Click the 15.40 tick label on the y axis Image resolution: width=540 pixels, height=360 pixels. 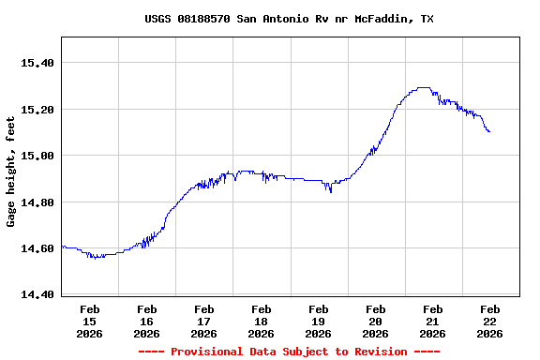click(x=38, y=63)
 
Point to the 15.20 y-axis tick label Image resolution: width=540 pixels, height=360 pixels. click(x=38, y=110)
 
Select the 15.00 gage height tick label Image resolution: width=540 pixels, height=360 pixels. click(x=38, y=156)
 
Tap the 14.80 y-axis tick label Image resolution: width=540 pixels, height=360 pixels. click(x=38, y=202)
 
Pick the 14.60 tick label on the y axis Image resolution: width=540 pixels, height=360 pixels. click(x=38, y=248)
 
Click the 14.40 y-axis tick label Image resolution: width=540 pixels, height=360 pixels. click(x=38, y=294)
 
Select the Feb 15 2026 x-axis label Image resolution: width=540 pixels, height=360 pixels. click(x=90, y=321)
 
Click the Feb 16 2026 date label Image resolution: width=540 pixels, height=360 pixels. click(x=147, y=321)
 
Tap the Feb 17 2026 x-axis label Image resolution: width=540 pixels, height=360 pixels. click(x=204, y=321)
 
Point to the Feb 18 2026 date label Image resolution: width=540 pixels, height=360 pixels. click(x=262, y=321)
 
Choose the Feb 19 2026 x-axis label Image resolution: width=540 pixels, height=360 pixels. click(x=319, y=321)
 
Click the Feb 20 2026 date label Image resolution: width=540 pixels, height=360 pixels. click(x=376, y=321)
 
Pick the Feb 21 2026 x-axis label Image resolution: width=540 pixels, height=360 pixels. click(x=433, y=321)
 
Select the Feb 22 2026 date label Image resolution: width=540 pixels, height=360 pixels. click(x=490, y=321)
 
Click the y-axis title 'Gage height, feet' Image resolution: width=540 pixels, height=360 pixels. click(x=11, y=172)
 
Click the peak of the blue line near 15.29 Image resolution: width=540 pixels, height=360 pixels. click(x=423, y=87)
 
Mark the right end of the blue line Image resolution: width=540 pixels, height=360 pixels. click(x=489, y=132)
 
